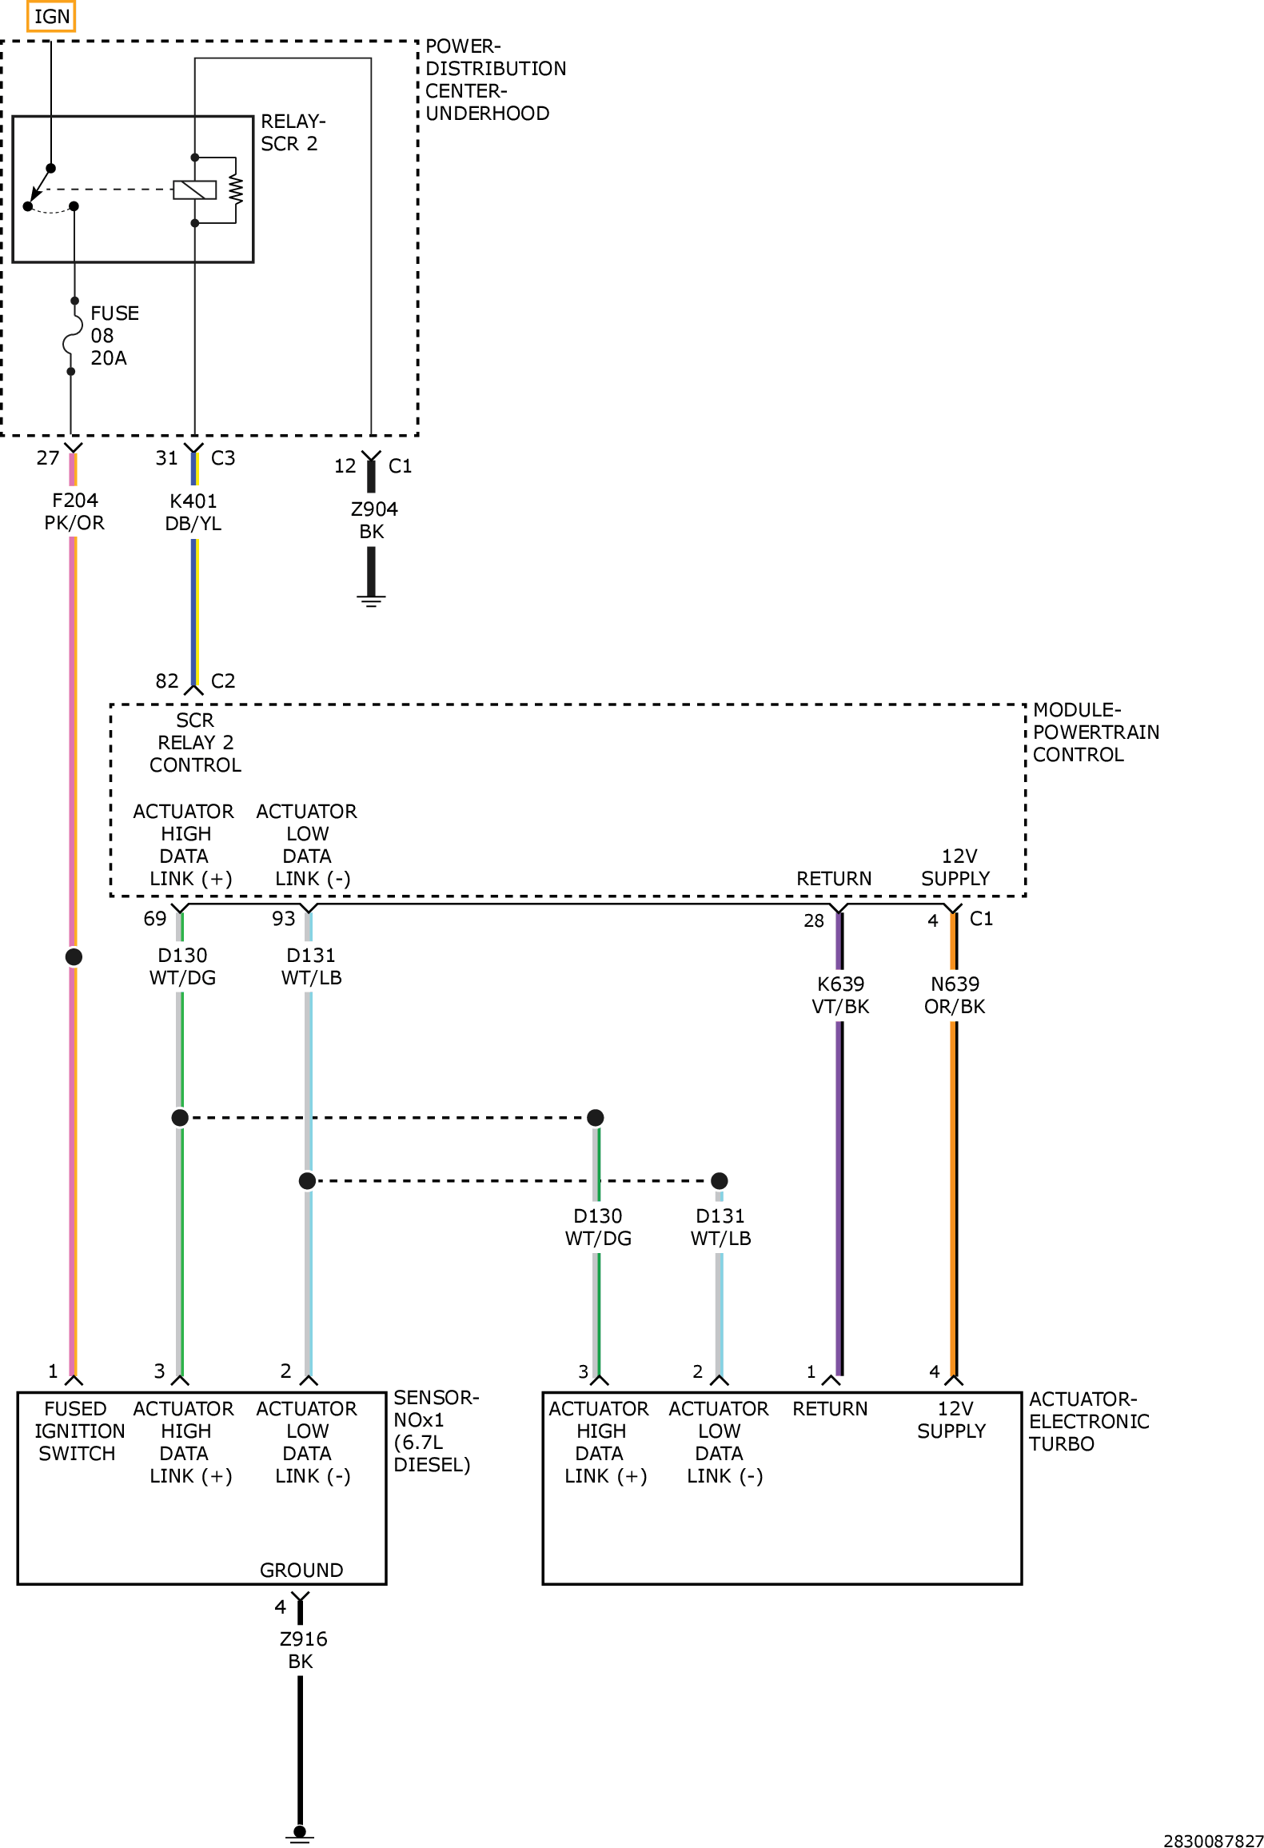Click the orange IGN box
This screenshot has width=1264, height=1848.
pos(51,16)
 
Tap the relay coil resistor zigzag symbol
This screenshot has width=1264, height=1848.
pos(235,190)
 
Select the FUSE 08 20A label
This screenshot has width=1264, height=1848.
pos(114,335)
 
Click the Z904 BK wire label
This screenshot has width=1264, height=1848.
pos(373,520)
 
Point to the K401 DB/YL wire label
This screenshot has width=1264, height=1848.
pos(193,512)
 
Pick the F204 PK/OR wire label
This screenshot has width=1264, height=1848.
pos(74,511)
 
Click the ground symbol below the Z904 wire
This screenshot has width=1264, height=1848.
pos(371,601)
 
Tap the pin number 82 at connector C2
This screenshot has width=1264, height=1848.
pos(167,681)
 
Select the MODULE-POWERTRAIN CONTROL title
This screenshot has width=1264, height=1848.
pos(1095,732)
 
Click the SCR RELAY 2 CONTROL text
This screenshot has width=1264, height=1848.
pos(195,742)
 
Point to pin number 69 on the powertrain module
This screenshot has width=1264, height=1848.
pos(155,918)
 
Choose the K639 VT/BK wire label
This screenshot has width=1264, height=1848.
pos(840,995)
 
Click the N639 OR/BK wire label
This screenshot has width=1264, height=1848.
pos(955,995)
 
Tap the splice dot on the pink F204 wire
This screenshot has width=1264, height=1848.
pos(74,956)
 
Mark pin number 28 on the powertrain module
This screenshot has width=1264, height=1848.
pos(814,920)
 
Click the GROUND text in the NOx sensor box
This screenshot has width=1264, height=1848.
pos(301,1570)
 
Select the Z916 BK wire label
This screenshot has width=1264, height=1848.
pos(303,1650)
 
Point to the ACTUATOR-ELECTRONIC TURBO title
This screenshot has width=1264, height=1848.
pos(1089,1421)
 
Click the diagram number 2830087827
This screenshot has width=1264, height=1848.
pos(1213,1841)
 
